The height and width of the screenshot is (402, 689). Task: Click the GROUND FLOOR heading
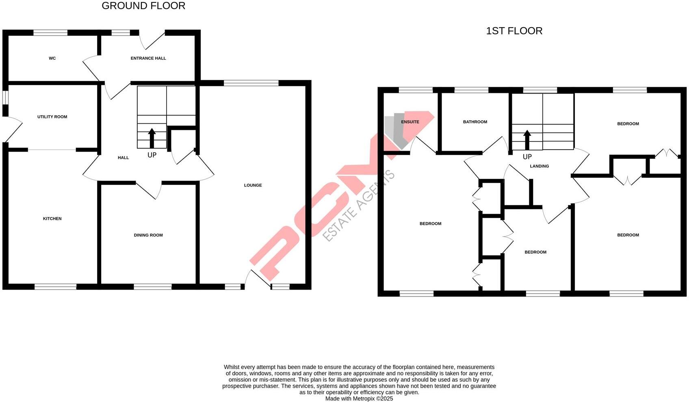pyautogui.click(x=143, y=6)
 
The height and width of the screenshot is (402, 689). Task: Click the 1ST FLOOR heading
pyautogui.click(x=514, y=31)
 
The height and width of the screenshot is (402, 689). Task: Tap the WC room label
pyautogui.click(x=52, y=58)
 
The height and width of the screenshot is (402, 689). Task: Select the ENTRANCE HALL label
pyautogui.click(x=148, y=58)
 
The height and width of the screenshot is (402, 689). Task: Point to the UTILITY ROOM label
pyautogui.click(x=52, y=117)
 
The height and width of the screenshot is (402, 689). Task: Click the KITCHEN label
pyautogui.click(x=52, y=219)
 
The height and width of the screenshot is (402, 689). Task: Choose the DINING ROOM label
pyautogui.click(x=148, y=235)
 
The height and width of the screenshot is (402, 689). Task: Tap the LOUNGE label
pyautogui.click(x=253, y=185)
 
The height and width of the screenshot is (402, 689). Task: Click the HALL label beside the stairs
pyautogui.click(x=123, y=158)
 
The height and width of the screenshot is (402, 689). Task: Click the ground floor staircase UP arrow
pyautogui.click(x=152, y=138)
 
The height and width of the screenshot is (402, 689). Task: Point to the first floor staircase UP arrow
pyautogui.click(x=527, y=140)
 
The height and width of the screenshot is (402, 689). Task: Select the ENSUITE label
pyautogui.click(x=410, y=122)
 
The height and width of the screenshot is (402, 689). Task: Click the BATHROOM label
pyautogui.click(x=475, y=122)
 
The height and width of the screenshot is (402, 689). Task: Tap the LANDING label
pyautogui.click(x=539, y=166)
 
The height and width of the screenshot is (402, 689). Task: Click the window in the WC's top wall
pyautogui.click(x=50, y=33)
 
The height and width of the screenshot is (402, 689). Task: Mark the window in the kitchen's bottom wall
pyautogui.click(x=55, y=287)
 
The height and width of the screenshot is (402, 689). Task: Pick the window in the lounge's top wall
pyautogui.click(x=251, y=83)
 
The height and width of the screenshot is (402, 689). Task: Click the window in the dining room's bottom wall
pyautogui.click(x=153, y=287)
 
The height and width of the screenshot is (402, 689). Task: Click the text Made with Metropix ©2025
pyautogui.click(x=359, y=399)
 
